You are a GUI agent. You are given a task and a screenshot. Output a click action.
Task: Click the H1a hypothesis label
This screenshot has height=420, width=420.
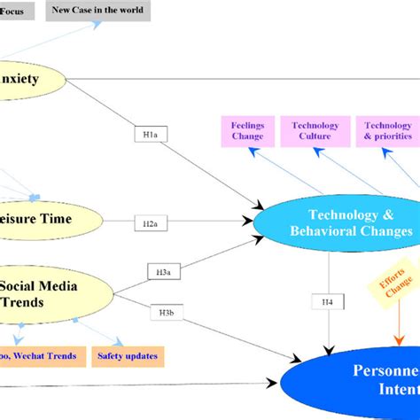(150, 135)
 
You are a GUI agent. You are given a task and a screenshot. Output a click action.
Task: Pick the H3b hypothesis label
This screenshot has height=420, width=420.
(167, 312)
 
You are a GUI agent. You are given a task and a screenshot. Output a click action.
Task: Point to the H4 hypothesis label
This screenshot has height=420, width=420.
(328, 303)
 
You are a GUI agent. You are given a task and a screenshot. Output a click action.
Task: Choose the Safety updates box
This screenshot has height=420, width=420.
(128, 357)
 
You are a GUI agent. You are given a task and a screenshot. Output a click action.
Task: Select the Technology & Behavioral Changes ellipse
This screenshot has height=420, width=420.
(336, 223)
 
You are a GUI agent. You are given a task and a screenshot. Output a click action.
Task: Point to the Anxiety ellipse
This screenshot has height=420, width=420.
(27, 79)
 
